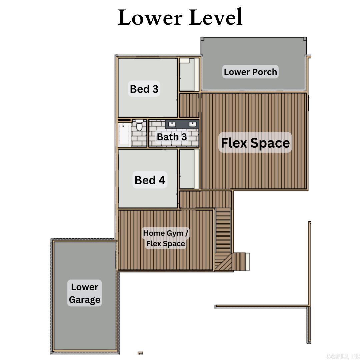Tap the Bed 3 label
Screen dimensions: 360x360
point(144,89)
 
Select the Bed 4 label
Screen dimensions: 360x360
point(150,180)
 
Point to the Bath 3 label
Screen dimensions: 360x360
point(172,137)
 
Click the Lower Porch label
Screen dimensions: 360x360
point(250,72)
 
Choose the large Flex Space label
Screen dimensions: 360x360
point(255,143)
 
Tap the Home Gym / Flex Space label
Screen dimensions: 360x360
point(166,238)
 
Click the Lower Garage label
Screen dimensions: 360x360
point(85,293)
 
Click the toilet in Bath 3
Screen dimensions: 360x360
point(139,126)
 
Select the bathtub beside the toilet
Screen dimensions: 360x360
point(125,134)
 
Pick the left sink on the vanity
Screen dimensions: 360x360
point(172,124)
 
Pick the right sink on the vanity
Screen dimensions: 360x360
point(192,124)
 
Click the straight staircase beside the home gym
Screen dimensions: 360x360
point(223,230)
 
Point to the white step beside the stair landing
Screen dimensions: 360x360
point(248,261)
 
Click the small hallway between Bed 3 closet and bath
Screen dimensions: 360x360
point(189,105)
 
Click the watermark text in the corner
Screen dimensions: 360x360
point(342,356)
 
